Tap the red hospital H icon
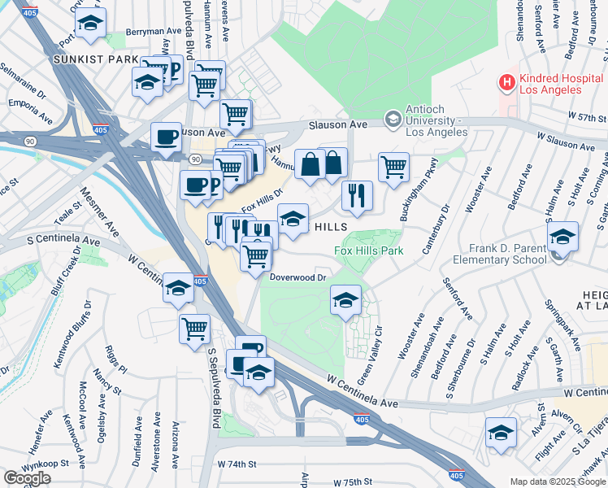pos(507,82)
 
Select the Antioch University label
pos(432,124)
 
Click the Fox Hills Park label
pos(369,251)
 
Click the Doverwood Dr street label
pos(297,277)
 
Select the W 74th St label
pos(237,464)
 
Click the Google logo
pos(28,477)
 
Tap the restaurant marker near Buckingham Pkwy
pos(358,194)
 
